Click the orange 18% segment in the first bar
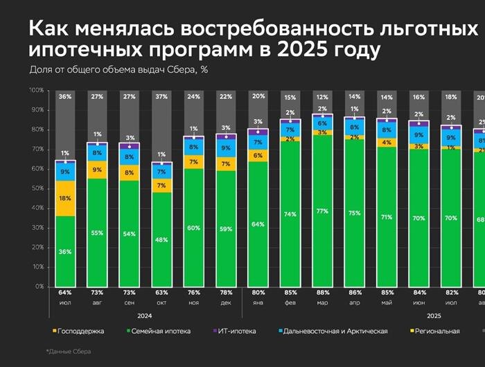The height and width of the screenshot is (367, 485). (65, 198)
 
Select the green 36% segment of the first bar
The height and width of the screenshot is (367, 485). (65, 251)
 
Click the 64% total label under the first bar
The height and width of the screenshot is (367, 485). (65, 294)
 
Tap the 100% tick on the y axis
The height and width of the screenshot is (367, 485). (36, 91)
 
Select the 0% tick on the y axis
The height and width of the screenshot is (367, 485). (39, 286)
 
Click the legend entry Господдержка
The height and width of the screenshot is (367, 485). (78, 331)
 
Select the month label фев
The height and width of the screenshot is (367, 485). (289, 303)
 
